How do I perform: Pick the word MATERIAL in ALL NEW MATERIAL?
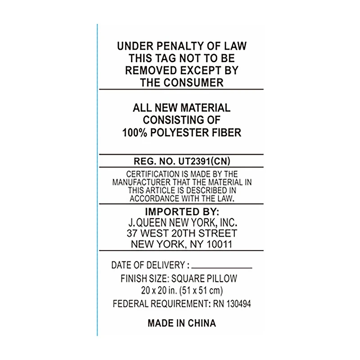[206, 108]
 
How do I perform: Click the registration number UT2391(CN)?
[204, 161]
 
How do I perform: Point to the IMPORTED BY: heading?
[182, 211]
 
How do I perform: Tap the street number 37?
[132, 233]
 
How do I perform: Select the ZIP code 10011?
[220, 244]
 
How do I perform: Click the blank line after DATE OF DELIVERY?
[222, 268]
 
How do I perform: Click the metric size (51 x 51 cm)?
[201, 291]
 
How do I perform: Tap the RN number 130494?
[238, 304]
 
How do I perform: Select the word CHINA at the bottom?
[202, 323]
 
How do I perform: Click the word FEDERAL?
[130, 304]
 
